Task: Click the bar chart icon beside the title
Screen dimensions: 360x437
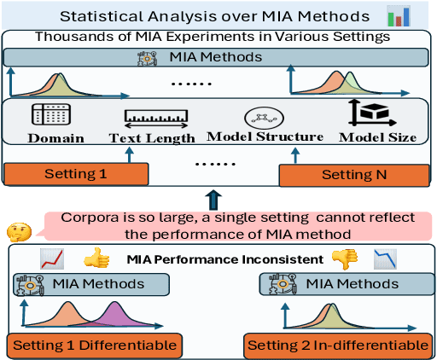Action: [398, 16]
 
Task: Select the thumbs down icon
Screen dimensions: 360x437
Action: [344, 257]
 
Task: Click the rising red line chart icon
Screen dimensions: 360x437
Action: [53, 258]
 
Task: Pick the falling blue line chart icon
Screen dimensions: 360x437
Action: [386, 258]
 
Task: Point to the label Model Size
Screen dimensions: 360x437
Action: [376, 137]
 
